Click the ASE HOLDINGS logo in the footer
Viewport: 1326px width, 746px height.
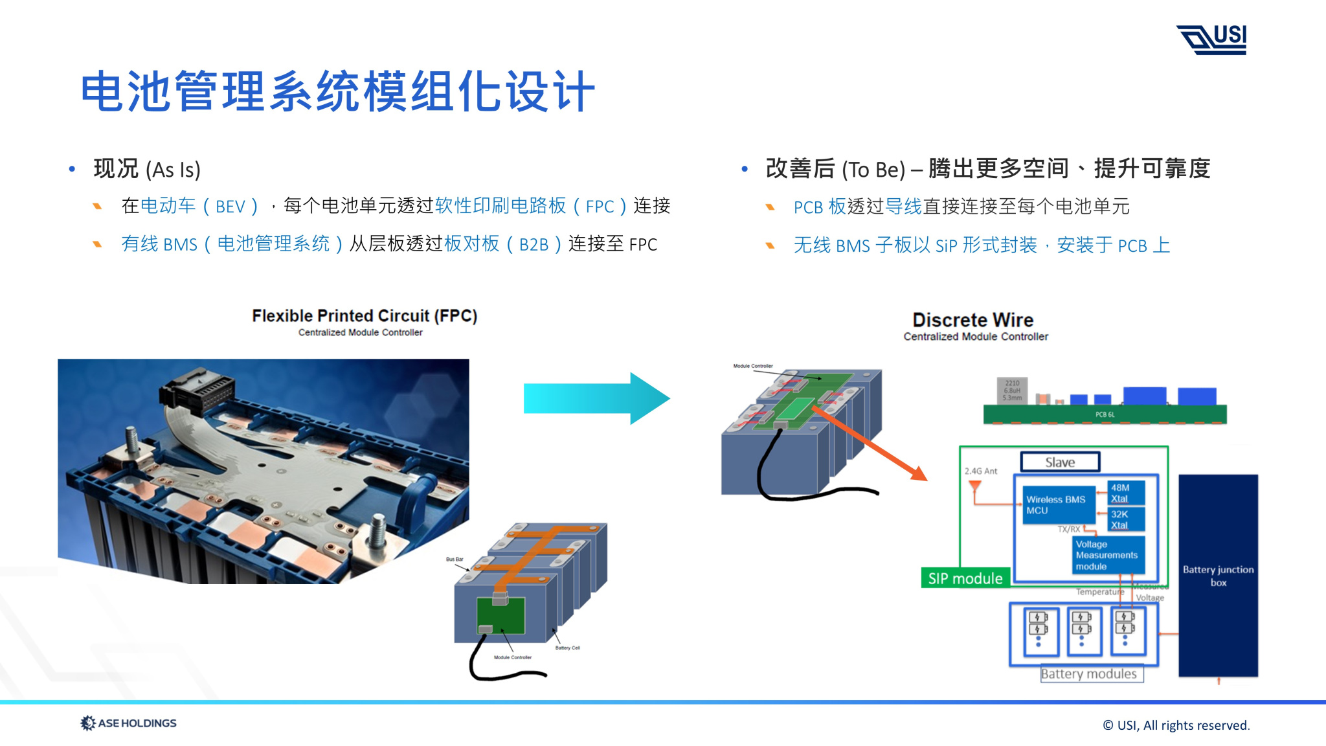(128, 723)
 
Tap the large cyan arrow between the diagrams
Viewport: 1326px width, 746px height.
(596, 398)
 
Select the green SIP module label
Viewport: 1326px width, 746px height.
(965, 578)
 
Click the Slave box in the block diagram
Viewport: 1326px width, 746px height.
(1060, 462)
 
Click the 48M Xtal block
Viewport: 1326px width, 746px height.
(1126, 493)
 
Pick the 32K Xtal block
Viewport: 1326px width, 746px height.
(1126, 519)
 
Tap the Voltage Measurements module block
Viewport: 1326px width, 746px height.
(1107, 556)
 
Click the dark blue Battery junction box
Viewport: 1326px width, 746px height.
(1218, 575)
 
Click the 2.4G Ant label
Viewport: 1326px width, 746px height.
(980, 471)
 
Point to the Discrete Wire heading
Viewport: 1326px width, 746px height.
(972, 320)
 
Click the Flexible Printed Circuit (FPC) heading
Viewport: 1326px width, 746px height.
(365, 316)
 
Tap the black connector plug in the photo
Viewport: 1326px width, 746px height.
(198, 391)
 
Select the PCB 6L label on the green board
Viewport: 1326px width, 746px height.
(1105, 414)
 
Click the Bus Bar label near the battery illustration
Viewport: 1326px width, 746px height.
(455, 559)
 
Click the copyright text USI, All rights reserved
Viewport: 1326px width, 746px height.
(1176, 725)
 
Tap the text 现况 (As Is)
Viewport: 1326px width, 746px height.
(147, 169)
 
